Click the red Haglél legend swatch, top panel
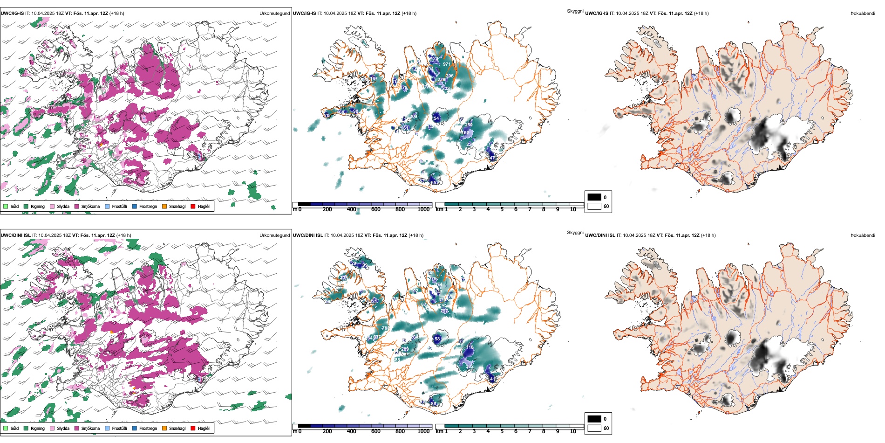click(193, 206)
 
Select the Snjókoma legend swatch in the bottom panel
click(77, 428)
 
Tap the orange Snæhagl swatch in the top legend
click(164, 206)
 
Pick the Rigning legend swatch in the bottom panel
click(27, 428)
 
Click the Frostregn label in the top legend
click(148, 206)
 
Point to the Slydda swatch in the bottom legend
click(52, 428)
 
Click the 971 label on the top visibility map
click(447, 64)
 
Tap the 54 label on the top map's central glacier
click(436, 118)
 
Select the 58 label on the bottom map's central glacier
click(437, 339)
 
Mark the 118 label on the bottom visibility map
click(470, 347)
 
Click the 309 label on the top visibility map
click(413, 117)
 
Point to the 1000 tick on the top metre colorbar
click(423, 209)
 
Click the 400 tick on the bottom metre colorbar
click(351, 431)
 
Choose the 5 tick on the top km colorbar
click(502, 209)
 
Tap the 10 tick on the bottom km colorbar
click(573, 431)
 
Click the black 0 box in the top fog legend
click(594, 197)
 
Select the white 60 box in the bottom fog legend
click(594, 428)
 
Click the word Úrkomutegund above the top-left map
click(274, 13)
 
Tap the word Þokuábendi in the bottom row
click(862, 235)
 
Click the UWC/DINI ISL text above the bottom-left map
click(15, 235)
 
